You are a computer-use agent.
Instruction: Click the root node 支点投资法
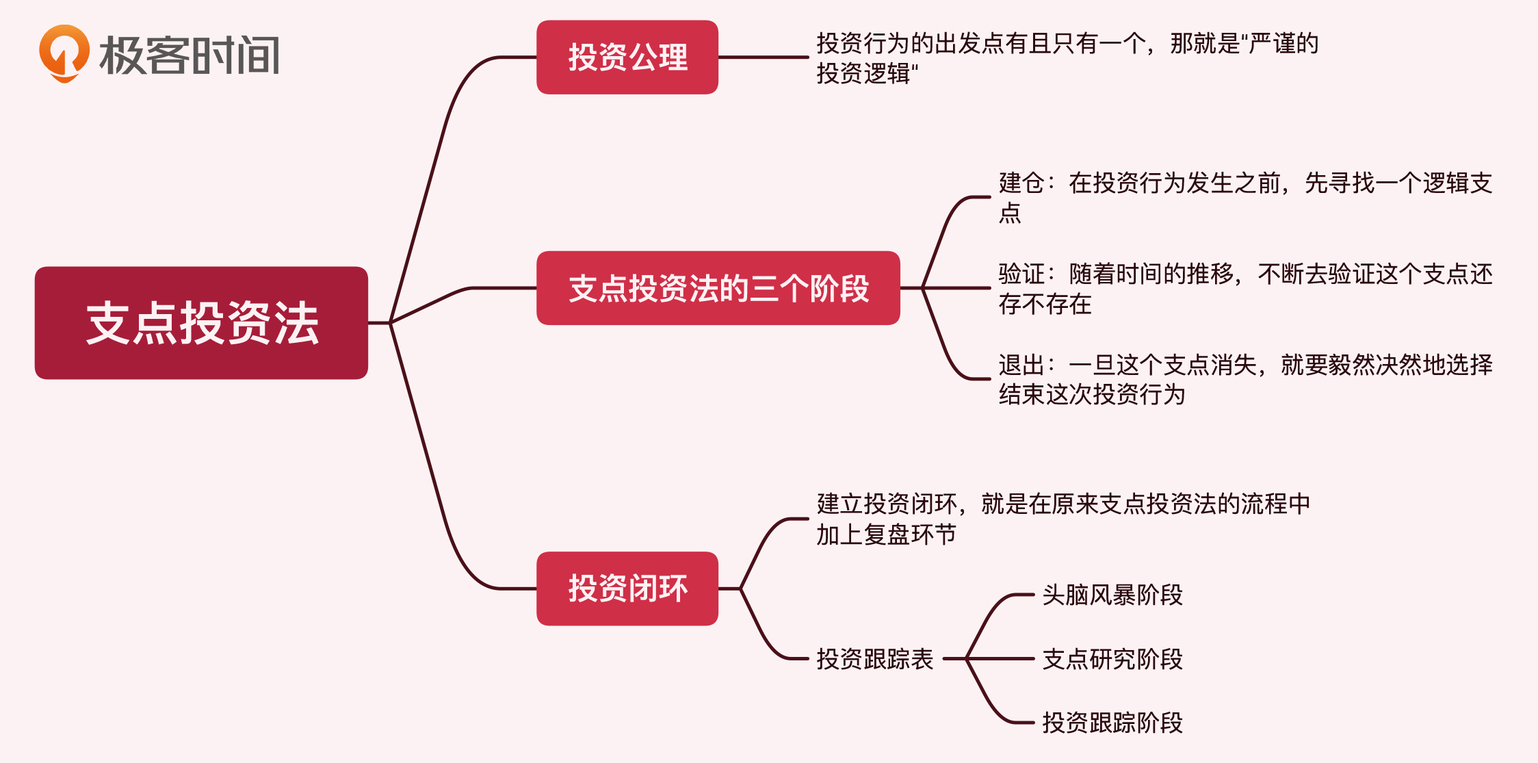[x=201, y=323]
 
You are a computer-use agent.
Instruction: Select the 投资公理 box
[x=627, y=57]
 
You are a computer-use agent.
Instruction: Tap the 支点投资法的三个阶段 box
[x=718, y=288]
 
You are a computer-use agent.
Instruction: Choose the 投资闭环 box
[x=627, y=589]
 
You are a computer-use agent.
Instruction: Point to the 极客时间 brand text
[x=190, y=55]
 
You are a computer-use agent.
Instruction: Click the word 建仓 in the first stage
[x=1021, y=183]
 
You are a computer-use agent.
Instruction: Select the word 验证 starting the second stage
[x=1021, y=274]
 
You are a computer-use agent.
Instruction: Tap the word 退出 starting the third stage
[x=1021, y=365]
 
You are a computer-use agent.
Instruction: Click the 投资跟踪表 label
[x=875, y=659]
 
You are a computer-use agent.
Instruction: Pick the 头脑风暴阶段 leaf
[x=1112, y=595]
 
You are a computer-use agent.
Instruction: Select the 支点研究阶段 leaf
[x=1112, y=659]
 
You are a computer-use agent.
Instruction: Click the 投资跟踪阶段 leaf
[x=1112, y=723]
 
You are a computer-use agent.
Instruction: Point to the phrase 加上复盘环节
[x=886, y=534]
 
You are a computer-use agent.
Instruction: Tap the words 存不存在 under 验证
[x=1045, y=305]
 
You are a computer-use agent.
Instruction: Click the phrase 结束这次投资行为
[x=1091, y=395]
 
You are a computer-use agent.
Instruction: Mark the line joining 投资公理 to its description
[x=763, y=57]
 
